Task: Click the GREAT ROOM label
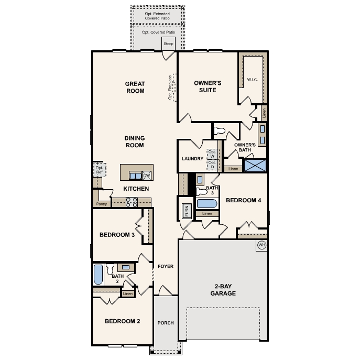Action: click(135, 88)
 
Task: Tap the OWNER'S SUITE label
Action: click(208, 86)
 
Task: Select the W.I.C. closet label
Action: click(252, 80)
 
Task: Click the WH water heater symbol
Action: click(261, 245)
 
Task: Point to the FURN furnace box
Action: click(186, 211)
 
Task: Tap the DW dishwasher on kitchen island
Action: click(146, 176)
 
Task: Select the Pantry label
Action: click(102, 204)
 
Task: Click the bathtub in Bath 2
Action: click(98, 274)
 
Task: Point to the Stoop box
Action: click(168, 44)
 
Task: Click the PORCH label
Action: click(166, 323)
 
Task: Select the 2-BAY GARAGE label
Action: click(225, 290)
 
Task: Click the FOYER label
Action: click(166, 267)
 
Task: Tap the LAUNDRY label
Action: click(191, 158)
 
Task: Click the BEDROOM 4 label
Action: click(243, 200)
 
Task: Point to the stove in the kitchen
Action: click(132, 201)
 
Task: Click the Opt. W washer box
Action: click(212, 155)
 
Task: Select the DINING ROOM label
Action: click(134, 141)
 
